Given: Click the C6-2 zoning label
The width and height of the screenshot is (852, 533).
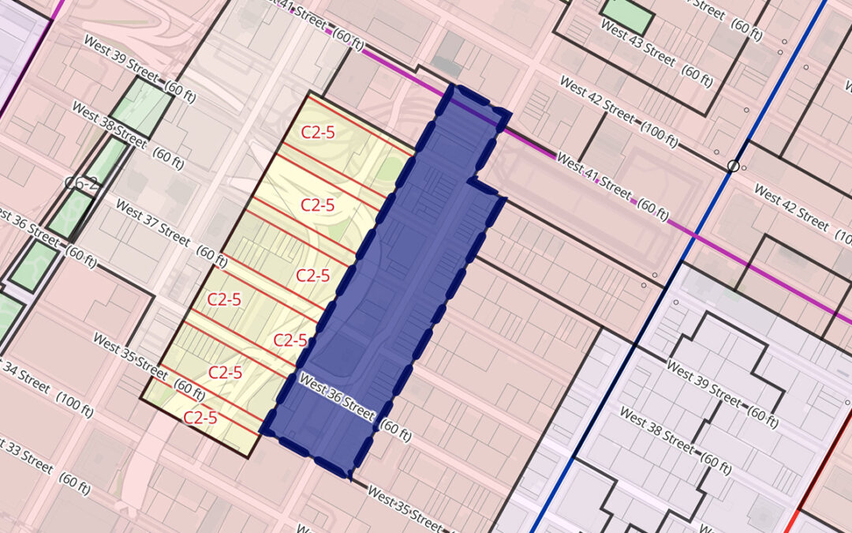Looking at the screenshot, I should pyautogui.click(x=81, y=183).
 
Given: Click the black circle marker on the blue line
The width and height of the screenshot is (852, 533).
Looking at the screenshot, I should pyautogui.click(x=734, y=166).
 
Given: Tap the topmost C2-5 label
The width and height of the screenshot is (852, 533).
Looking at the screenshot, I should pyautogui.click(x=318, y=132).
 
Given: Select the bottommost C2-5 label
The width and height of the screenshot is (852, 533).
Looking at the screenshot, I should pyautogui.click(x=200, y=418).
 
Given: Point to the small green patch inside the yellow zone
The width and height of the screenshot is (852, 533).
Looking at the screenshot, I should pyautogui.click(x=388, y=170).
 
